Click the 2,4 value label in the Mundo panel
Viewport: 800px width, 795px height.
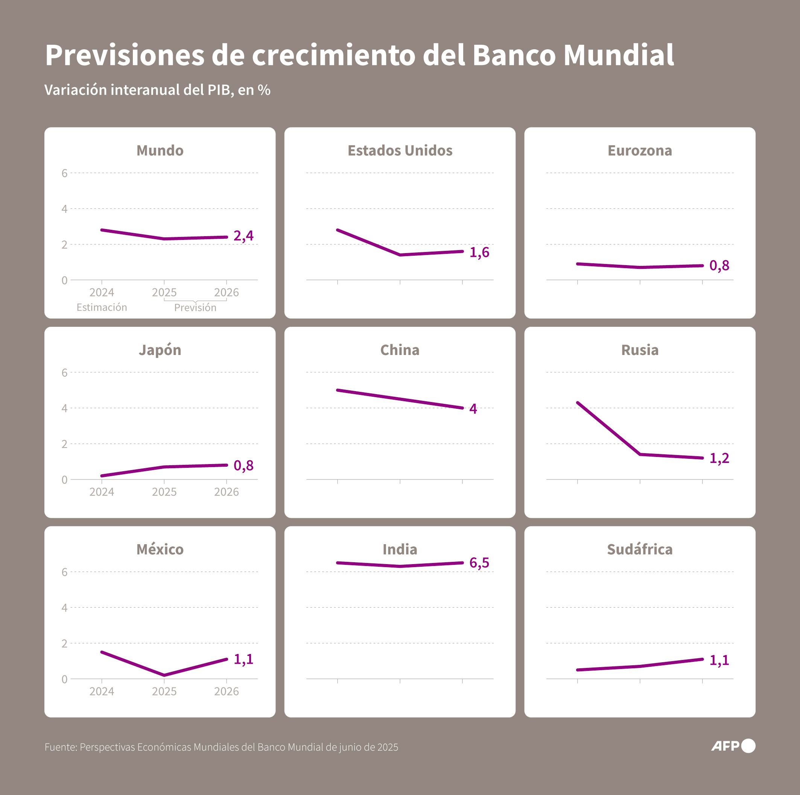[x=243, y=236]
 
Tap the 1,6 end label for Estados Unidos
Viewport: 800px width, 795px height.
[x=479, y=252]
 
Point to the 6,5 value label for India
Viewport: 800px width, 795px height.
[x=479, y=563]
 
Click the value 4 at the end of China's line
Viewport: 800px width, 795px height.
[x=473, y=409]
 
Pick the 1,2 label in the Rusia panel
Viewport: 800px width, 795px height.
[x=719, y=458]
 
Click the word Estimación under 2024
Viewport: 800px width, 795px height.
[x=102, y=307]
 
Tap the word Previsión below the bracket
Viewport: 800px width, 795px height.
[x=195, y=308]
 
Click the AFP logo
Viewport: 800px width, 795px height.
[x=733, y=746]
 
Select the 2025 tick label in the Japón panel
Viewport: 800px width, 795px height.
[x=164, y=492]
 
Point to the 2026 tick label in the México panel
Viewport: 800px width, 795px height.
[x=226, y=691]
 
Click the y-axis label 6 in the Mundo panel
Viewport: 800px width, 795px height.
[x=64, y=173]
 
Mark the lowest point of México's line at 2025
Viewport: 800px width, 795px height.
[x=164, y=675]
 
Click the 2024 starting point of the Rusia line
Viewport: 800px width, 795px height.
[x=578, y=403]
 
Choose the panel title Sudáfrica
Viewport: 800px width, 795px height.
[x=639, y=549]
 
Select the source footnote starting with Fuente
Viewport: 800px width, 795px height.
[x=221, y=747]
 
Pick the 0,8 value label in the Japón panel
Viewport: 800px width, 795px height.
[x=243, y=466]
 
